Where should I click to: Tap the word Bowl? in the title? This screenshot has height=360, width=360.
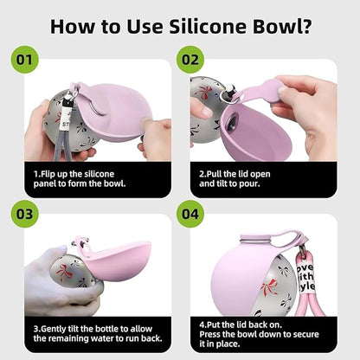click(282, 26)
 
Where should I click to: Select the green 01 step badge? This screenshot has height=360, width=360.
click(24, 60)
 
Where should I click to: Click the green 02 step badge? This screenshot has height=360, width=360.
click(190, 60)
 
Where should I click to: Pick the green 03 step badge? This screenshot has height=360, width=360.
click(24, 214)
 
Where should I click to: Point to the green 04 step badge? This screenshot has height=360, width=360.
click(190, 214)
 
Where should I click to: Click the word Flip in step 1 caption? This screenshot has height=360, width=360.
click(48, 174)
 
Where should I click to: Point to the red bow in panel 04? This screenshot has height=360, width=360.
click(269, 287)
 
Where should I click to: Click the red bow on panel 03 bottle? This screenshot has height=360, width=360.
click(64, 273)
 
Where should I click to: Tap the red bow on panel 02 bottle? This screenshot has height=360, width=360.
click(204, 92)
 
